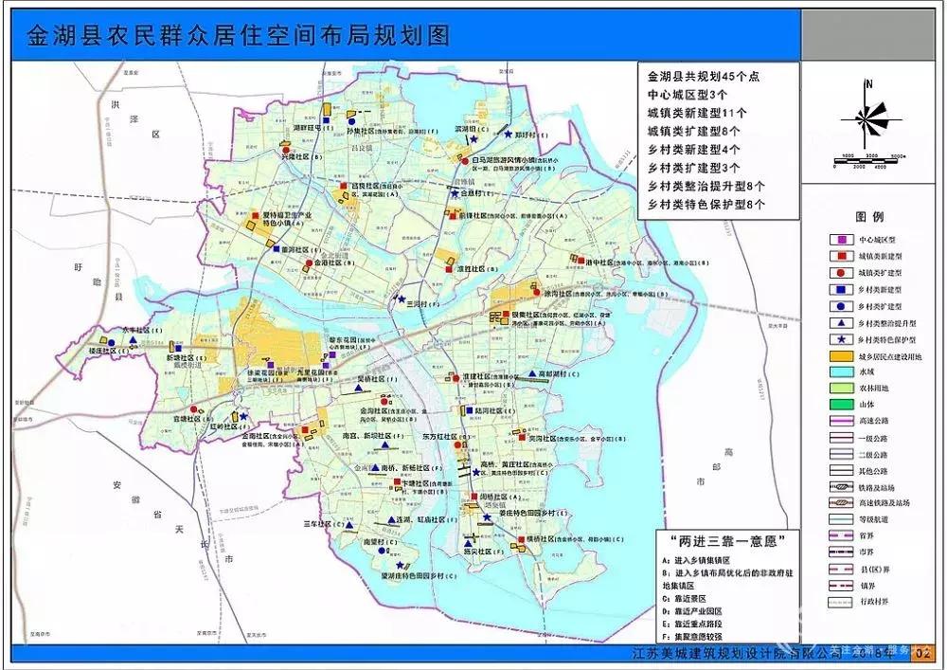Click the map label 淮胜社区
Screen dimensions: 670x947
tap(471, 269)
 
